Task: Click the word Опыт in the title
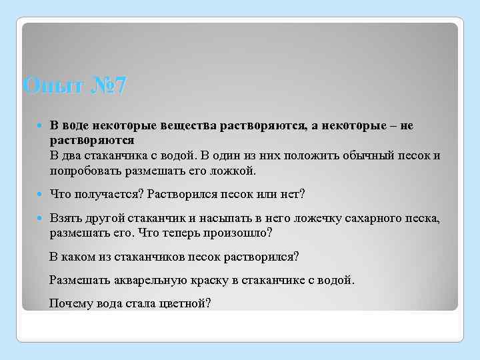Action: point(48,86)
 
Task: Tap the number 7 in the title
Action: point(118,86)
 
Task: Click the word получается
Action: point(106,194)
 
